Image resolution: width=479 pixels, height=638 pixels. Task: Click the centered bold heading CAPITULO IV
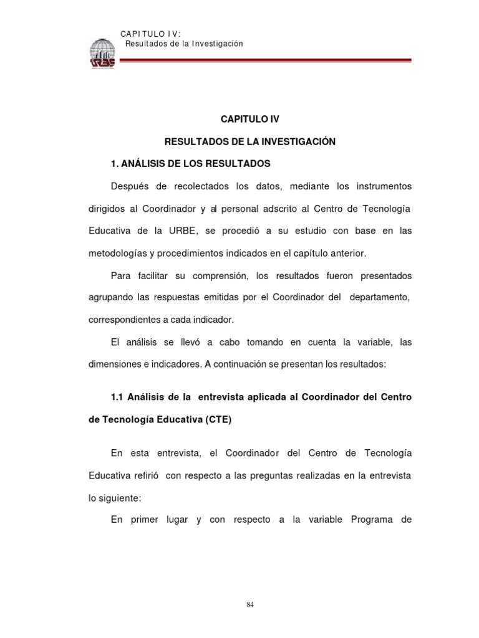coord(249,118)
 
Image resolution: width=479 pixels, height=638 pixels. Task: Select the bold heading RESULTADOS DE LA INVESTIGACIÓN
coord(249,141)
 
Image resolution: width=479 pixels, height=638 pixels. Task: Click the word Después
coord(130,186)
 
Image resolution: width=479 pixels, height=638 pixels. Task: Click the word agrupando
coord(109,298)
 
